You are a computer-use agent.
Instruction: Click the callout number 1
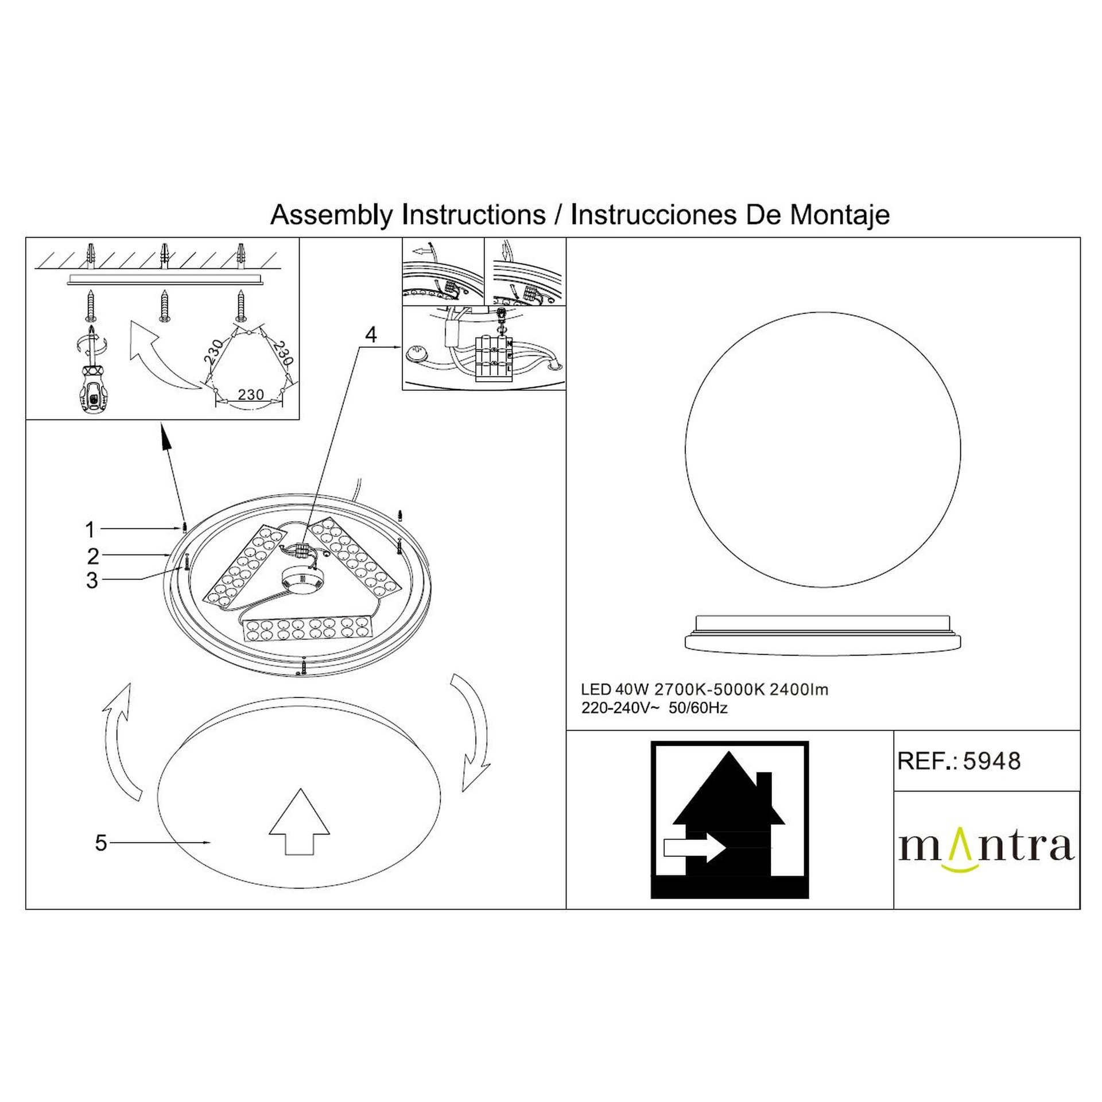[90, 529]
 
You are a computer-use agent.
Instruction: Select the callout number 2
[93, 556]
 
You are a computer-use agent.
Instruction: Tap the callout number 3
[92, 581]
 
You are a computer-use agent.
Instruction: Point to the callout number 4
[371, 335]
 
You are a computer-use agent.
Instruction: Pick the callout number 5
[101, 843]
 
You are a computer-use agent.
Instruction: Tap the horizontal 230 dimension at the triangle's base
[251, 394]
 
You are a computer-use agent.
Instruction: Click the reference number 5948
[992, 761]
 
